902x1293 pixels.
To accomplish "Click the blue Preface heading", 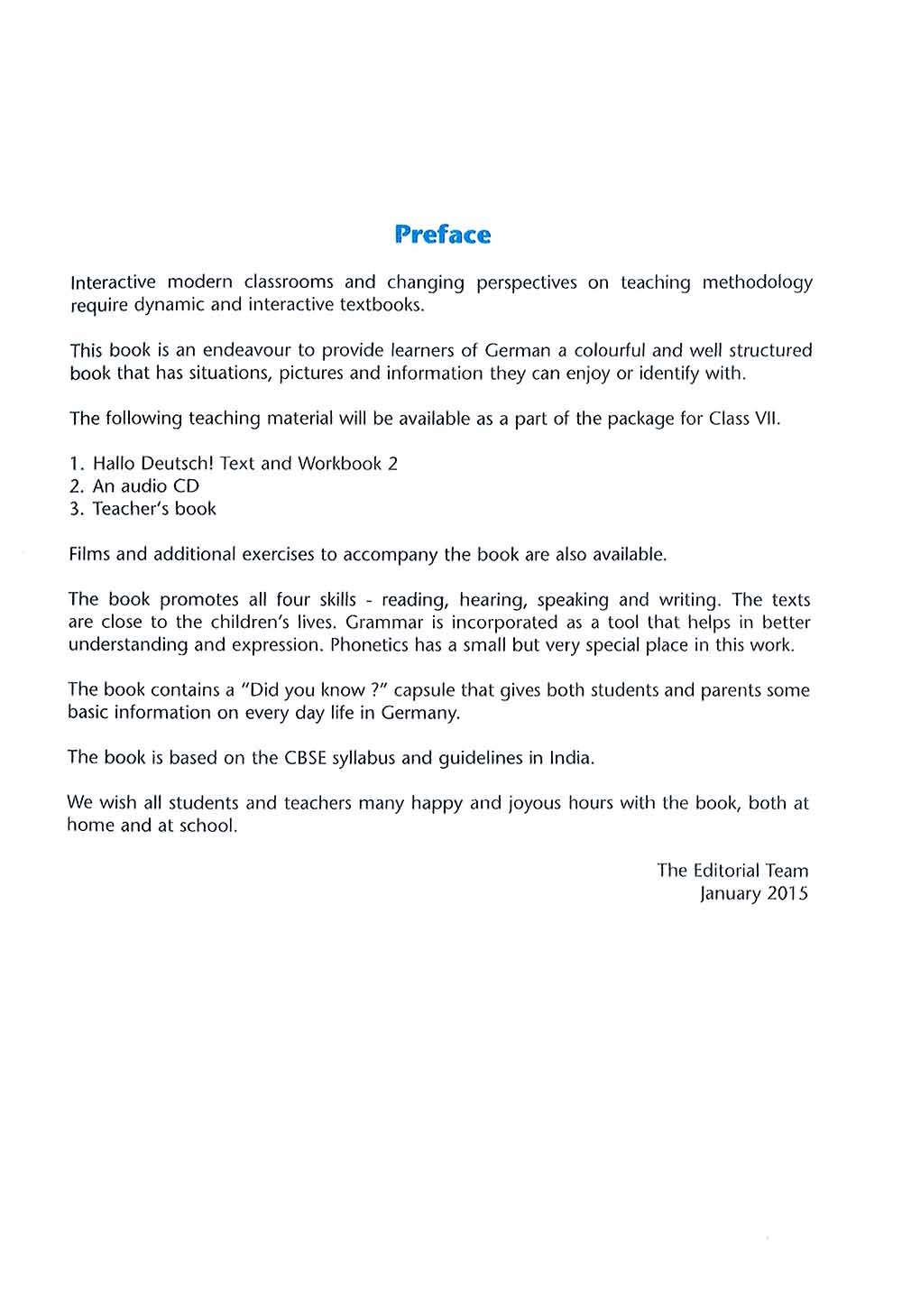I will (443, 235).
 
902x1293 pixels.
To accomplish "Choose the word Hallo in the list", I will (115, 464).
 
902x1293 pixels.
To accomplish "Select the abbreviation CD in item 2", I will (186, 486).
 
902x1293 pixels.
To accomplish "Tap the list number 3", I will (76, 509).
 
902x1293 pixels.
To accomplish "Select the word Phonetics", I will (369, 645).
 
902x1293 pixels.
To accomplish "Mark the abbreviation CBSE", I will (306, 758).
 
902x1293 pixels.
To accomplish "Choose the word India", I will (571, 758).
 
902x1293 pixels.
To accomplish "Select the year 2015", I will (787, 893).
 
